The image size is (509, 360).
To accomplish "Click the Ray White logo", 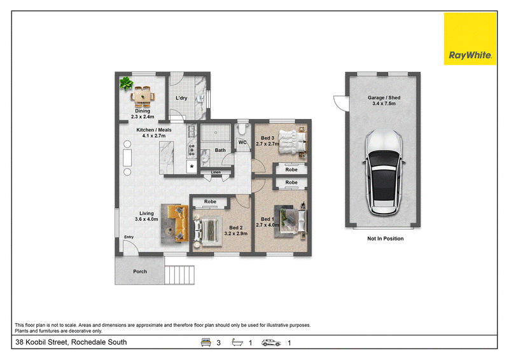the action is coord(470,39).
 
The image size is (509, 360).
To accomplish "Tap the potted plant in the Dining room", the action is coord(126,83).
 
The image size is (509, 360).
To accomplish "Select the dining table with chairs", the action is coord(143,97).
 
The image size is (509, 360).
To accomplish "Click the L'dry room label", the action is coord(181,98).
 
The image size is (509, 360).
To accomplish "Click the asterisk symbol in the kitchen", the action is coord(192,167).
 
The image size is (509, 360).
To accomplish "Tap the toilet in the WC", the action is coord(242,130).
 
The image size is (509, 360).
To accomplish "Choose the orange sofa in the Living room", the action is coord(178,223).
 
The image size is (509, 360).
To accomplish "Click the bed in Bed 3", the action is coord(293,142).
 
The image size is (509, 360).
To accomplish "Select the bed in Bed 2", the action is coord(207,230).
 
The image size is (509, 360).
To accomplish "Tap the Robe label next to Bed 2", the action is coord(210,202).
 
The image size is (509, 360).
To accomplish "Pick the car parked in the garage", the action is coord(384,173).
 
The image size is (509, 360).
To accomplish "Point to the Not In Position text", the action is coord(386,239).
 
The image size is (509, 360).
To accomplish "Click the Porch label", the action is coord(140,272).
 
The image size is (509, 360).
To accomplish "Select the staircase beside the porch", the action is coord(179,275).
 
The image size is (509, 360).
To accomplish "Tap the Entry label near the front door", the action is coord(129,237).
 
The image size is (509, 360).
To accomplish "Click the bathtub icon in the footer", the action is coord(237,342).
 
